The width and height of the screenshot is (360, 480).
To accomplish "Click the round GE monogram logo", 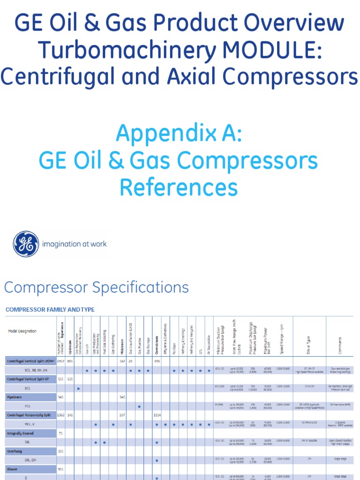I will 26,244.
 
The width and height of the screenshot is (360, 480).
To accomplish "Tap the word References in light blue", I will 178,187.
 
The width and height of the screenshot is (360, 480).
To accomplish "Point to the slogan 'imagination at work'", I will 75,244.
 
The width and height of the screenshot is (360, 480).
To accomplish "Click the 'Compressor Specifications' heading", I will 97,287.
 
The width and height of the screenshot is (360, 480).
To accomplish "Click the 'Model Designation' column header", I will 22,331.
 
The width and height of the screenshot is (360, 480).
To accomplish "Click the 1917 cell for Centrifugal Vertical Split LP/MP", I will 60,361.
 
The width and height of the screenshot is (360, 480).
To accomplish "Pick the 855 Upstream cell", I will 70,361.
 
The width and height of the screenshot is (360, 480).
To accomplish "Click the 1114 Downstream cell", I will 157,415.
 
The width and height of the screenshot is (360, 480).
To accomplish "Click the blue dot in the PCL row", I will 140,406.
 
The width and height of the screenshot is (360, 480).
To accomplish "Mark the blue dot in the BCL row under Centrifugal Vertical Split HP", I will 78,389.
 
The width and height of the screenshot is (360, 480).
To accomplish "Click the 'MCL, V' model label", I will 30,424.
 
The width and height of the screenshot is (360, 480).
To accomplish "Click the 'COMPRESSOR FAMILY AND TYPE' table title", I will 50,309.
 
